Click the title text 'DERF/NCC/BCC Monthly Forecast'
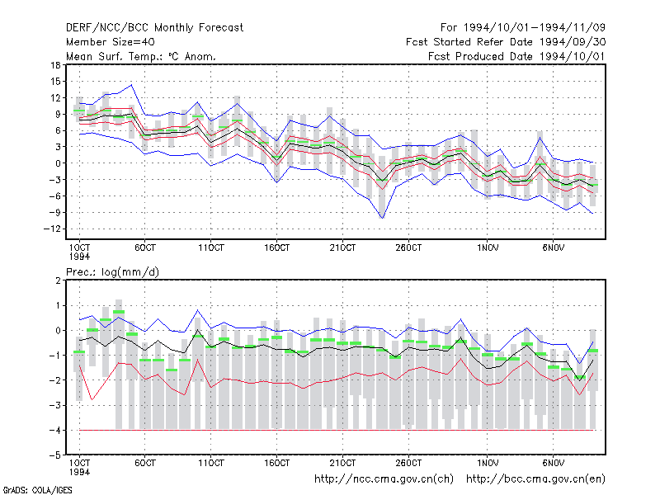154,28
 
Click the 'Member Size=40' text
111,42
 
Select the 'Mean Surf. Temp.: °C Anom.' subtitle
141,56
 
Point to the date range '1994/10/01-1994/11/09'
534,28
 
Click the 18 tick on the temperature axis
55,65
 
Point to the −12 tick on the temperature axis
52,229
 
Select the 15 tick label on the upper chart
55,82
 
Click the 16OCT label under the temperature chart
277,247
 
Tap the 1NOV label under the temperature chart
488,247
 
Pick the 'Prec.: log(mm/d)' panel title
112,272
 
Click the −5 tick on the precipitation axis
55,455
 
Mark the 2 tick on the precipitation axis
58,280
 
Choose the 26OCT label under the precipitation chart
408,463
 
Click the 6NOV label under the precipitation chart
553,463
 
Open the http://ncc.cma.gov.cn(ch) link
384,479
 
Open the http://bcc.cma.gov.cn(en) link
535,479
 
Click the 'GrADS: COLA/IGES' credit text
37,490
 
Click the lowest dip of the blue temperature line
382,218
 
